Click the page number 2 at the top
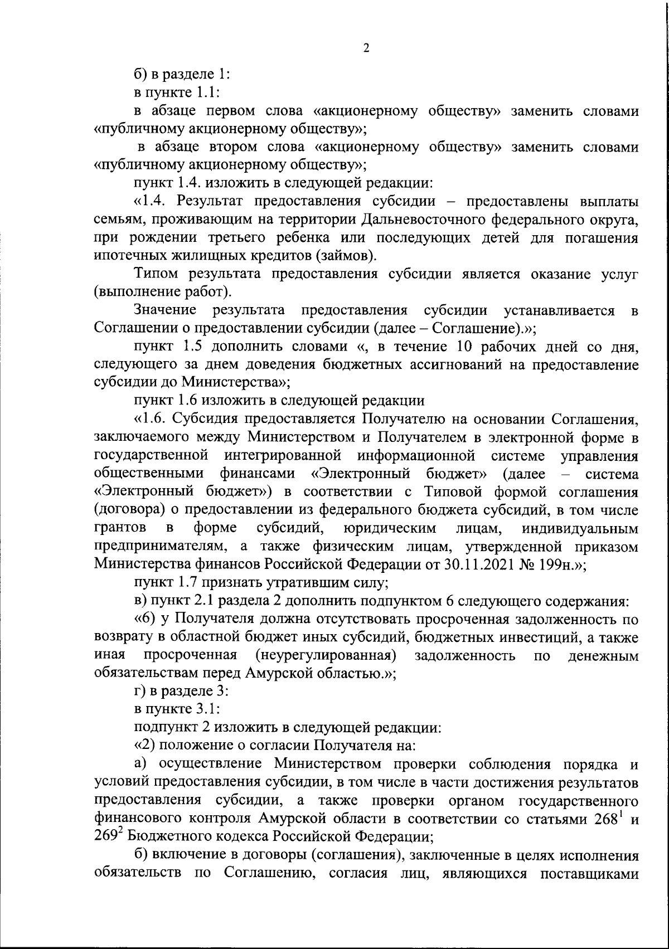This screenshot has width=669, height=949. pos(366,48)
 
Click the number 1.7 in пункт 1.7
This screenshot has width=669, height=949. pos(190,583)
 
